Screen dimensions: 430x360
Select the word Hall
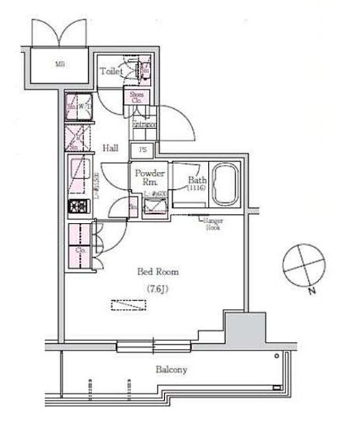[110, 148]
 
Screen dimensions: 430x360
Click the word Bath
[196, 180]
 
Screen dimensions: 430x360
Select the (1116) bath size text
[196, 189]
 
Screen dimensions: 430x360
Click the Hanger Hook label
[214, 224]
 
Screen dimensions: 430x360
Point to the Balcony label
[171, 370]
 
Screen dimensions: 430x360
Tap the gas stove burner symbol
[77, 207]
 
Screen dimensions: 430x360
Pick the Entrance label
[139, 124]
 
